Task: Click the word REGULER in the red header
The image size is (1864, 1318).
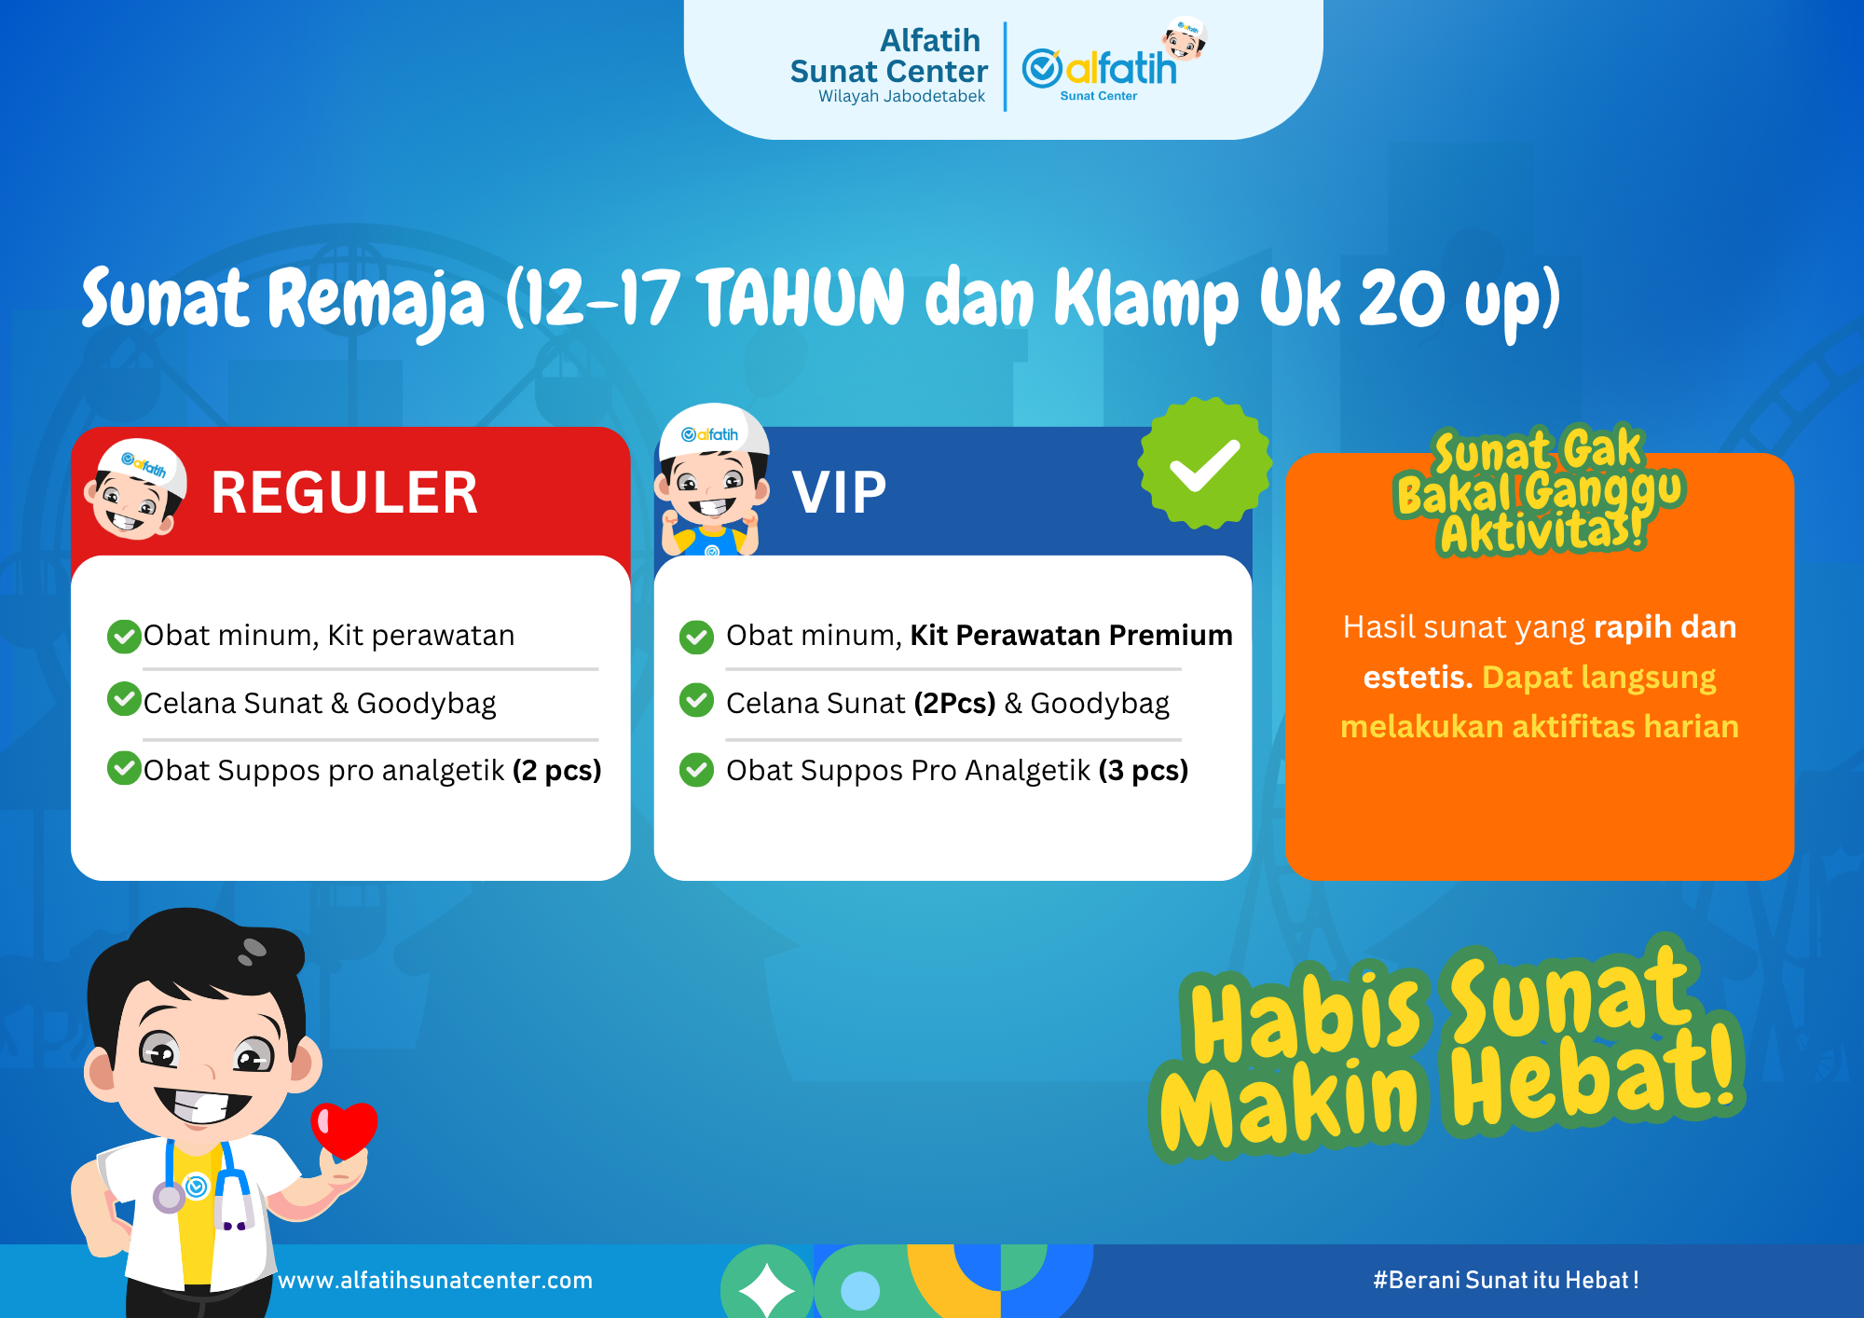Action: coord(344,493)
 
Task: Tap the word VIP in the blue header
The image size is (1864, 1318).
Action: coord(839,493)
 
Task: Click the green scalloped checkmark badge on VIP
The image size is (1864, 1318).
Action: coord(1204,463)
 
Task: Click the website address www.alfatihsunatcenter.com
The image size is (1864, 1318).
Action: coord(435,1281)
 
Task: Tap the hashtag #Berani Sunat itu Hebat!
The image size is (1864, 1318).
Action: coord(1505,1281)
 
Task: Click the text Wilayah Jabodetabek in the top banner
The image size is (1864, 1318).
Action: coord(901,97)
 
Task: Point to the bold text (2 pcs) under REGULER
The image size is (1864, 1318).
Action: coord(556,771)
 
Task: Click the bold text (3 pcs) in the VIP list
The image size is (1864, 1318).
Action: coord(1144,771)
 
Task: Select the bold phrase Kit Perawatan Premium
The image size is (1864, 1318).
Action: coord(1071,636)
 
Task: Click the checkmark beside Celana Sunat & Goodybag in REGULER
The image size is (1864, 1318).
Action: coord(124,699)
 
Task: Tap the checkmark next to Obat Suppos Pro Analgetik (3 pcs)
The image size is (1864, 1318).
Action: coord(696,770)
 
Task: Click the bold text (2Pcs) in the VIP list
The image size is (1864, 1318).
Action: coord(954,704)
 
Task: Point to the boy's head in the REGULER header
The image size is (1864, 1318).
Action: coord(136,490)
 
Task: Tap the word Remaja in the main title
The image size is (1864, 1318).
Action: coord(377,300)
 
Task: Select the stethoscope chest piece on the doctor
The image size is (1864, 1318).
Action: coord(170,1197)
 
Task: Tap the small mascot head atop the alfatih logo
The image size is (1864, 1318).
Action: coord(1185,38)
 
